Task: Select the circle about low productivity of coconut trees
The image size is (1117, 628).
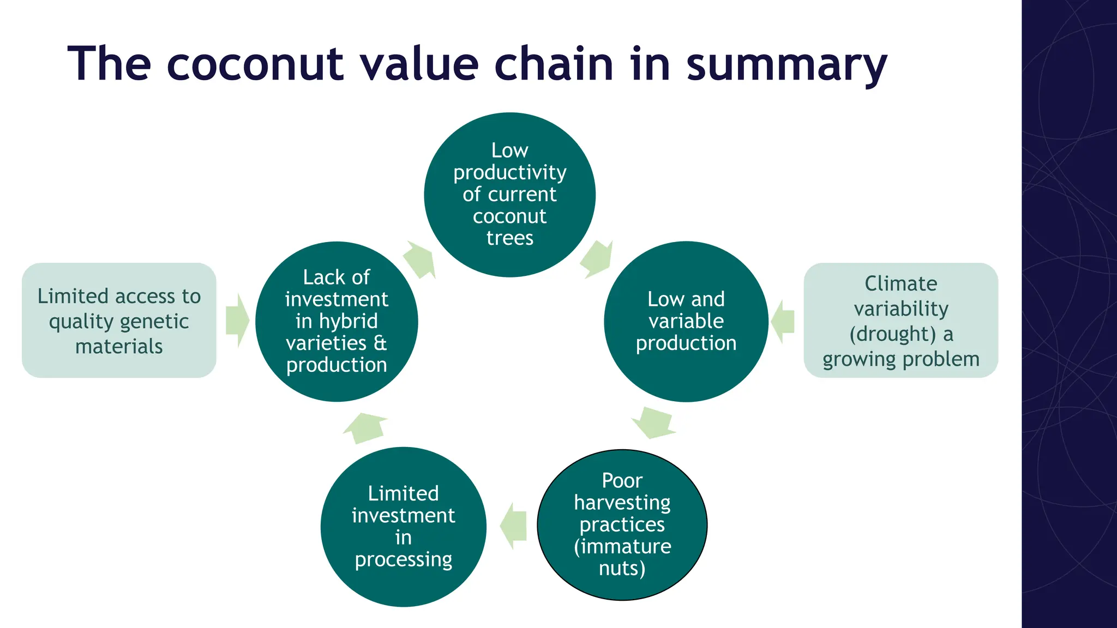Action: (509, 195)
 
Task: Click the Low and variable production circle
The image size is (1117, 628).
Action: (686, 321)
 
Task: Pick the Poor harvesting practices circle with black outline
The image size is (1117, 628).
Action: (622, 524)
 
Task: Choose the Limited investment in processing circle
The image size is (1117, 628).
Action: (403, 527)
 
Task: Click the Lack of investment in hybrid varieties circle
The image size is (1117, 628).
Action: (337, 321)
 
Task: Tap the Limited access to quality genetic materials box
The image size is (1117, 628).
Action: (119, 321)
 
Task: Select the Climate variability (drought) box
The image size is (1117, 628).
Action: (900, 321)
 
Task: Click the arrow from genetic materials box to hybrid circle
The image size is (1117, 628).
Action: (237, 321)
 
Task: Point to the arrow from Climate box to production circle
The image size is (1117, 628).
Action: (783, 321)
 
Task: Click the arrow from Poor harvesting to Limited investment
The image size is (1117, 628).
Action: (514, 526)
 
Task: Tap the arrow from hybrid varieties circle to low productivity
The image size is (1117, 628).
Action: (419, 259)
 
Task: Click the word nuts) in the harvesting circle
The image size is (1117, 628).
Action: (622, 568)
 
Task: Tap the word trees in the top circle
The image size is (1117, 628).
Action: (509, 238)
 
